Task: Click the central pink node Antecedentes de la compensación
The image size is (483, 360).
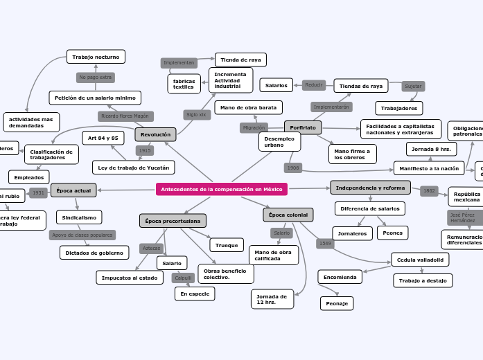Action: (221, 189)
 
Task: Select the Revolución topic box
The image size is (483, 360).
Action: (155, 134)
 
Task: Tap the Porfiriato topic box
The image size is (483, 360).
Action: (303, 128)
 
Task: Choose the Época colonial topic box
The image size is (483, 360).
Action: (288, 215)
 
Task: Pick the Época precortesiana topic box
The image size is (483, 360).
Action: (173, 221)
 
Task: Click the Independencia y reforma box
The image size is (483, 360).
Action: (370, 188)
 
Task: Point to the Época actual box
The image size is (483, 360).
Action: (73, 190)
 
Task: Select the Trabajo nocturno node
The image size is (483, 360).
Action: (96, 57)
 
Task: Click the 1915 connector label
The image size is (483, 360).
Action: (144, 150)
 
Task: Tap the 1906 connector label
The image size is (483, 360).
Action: (293, 168)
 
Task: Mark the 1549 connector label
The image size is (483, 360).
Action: (325, 243)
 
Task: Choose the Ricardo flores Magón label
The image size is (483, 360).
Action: (125, 116)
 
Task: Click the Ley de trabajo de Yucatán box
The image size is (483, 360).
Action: (133, 167)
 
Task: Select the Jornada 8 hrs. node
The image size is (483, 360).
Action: (430, 149)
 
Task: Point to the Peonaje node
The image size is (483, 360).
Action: (337, 303)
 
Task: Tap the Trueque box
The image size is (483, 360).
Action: (227, 245)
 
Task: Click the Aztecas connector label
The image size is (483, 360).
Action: (151, 248)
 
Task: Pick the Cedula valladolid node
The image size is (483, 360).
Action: (420, 260)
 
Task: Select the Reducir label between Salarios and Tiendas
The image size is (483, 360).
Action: (314, 85)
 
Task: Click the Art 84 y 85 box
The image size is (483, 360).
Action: (103, 138)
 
